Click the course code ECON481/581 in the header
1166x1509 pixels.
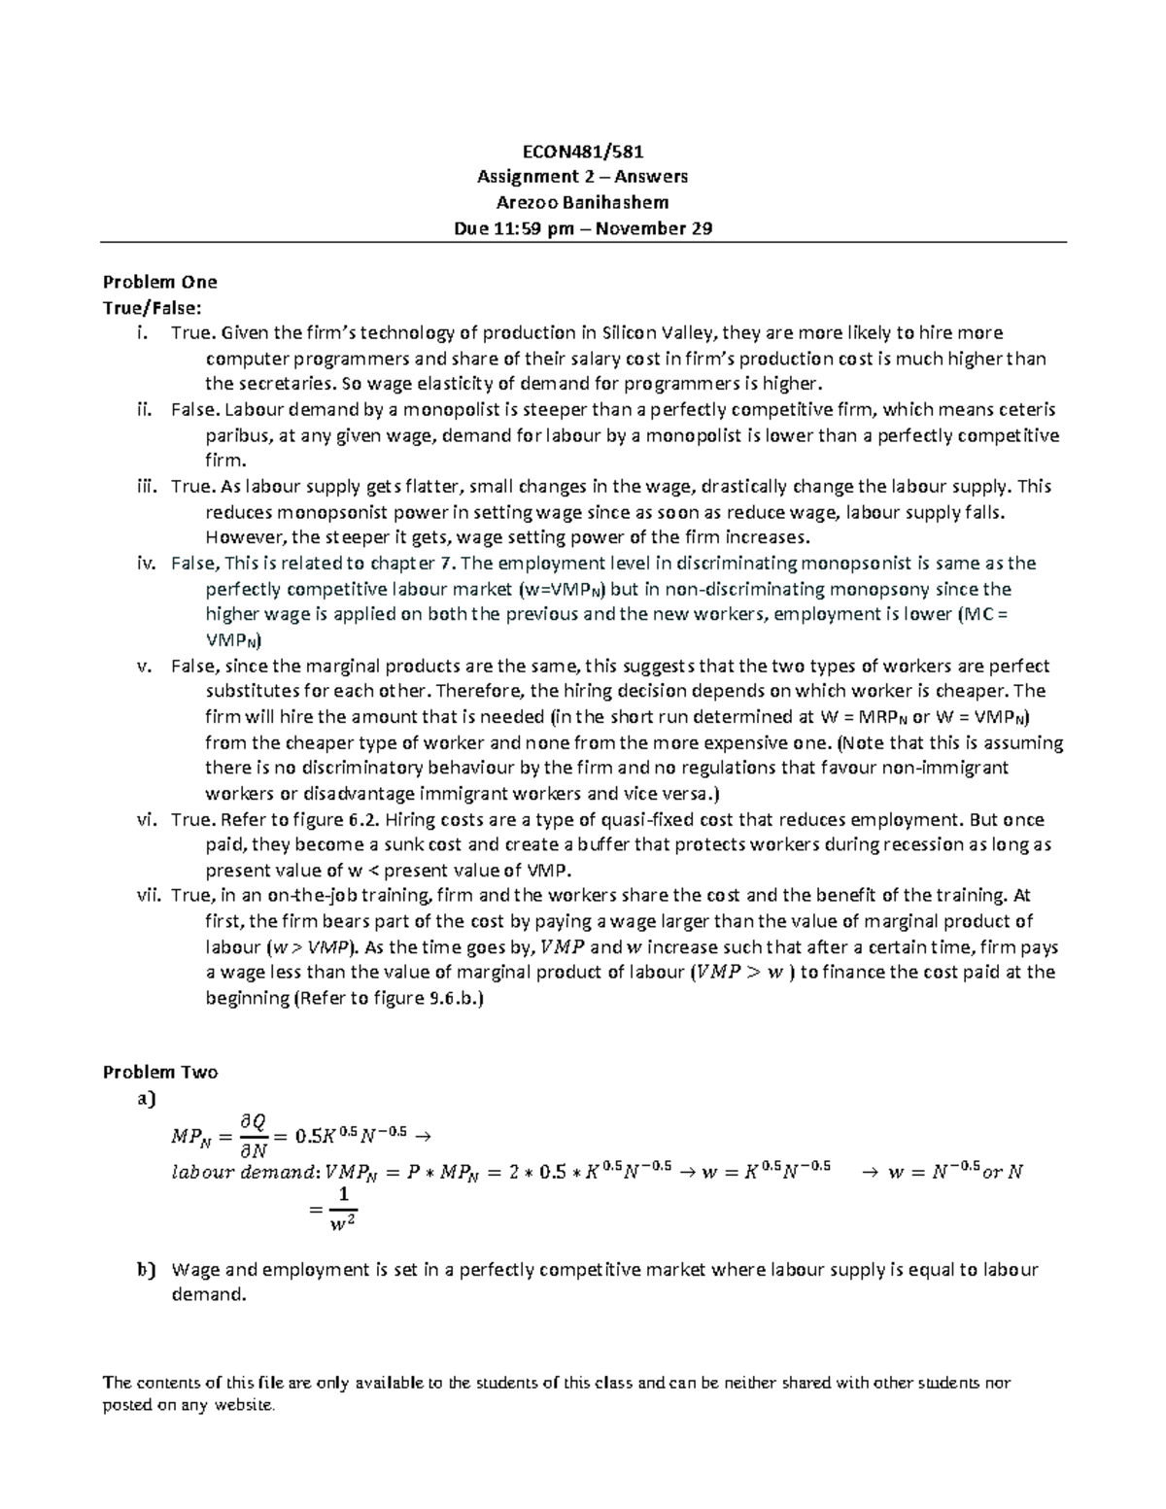click(582, 152)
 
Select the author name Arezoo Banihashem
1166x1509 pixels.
click(582, 202)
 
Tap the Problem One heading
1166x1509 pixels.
click(159, 282)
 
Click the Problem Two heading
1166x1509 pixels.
click(160, 1073)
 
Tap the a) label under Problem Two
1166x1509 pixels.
click(146, 1099)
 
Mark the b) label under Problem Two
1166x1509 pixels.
click(146, 1269)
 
